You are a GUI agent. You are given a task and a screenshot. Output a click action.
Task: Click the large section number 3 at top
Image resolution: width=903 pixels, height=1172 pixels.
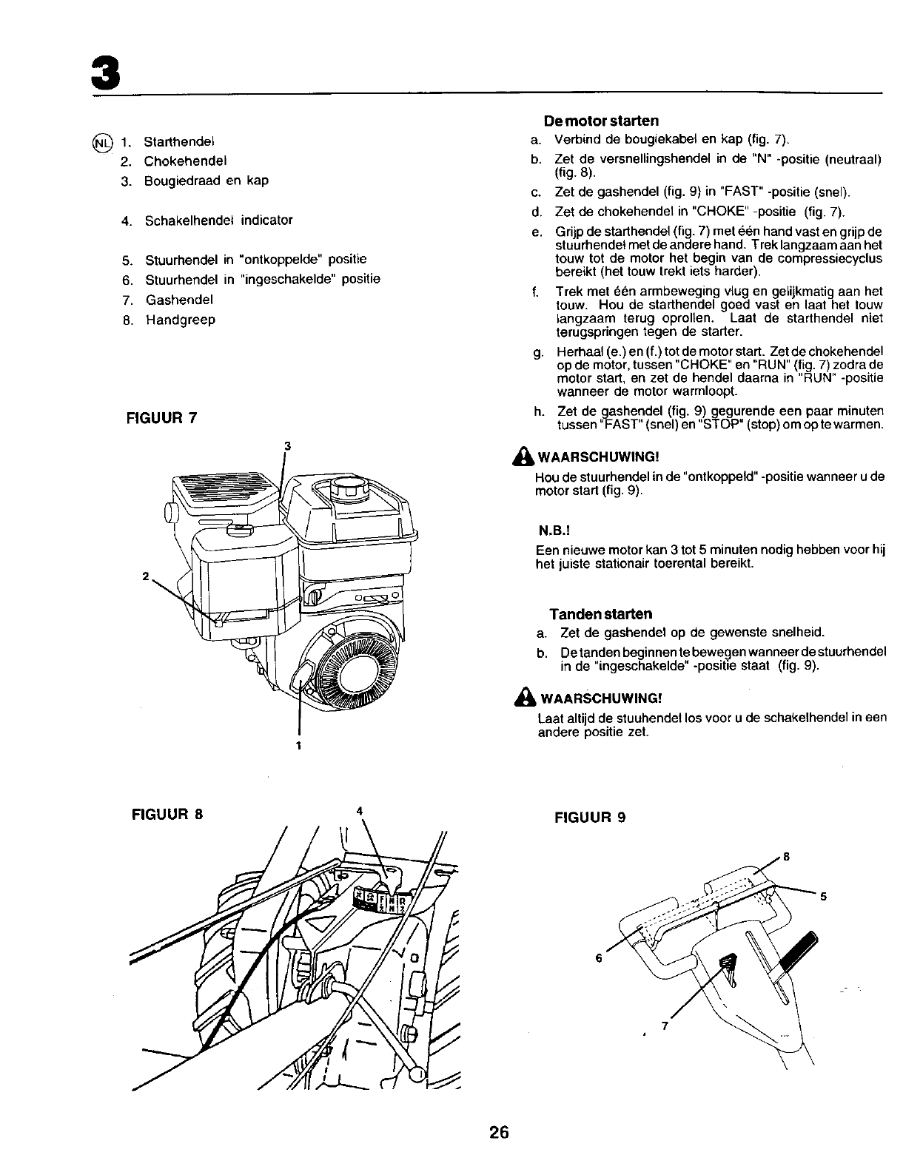coord(104,72)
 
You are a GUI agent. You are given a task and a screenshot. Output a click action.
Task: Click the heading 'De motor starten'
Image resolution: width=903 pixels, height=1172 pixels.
coord(600,120)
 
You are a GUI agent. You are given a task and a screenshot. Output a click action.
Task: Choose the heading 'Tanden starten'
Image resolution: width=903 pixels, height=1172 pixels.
coord(600,614)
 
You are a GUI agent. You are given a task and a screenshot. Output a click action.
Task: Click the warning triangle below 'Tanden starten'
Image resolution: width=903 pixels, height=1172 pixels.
coord(526,697)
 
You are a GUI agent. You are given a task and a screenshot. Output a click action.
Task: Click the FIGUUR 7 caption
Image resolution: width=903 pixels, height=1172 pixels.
coord(161,417)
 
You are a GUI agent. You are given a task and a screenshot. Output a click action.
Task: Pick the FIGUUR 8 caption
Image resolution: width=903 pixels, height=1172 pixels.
coord(167,815)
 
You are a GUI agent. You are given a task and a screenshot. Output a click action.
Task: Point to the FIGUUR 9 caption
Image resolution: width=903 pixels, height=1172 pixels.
coord(590,818)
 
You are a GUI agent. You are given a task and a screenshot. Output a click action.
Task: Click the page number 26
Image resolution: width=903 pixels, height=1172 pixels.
coord(500,1133)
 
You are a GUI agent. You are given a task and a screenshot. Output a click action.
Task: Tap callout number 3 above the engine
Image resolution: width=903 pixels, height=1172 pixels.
coord(287,445)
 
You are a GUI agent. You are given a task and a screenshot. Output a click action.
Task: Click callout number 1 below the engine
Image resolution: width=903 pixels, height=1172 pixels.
coord(298,745)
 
